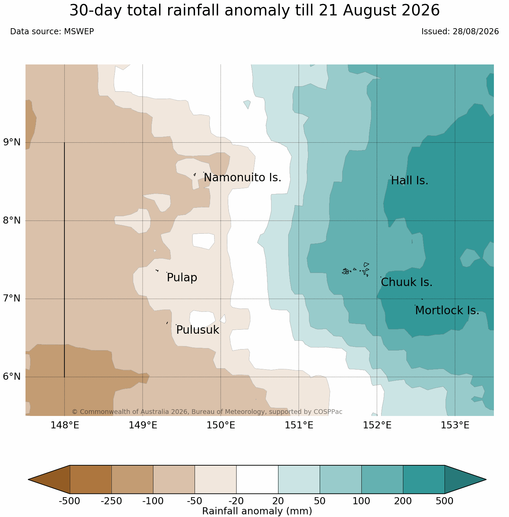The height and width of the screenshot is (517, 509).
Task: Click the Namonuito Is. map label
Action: (242, 177)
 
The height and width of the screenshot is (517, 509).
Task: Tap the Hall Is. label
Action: (410, 181)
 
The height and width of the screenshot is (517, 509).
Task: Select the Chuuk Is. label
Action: (407, 282)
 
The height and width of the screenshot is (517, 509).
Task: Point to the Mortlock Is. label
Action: (447, 311)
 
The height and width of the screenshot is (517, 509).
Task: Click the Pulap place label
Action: (182, 278)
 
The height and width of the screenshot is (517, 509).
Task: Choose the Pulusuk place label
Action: (198, 330)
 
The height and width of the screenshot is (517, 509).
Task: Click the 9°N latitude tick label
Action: (12, 142)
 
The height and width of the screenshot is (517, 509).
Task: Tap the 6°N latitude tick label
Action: (12, 377)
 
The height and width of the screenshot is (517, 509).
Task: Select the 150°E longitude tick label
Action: (221, 425)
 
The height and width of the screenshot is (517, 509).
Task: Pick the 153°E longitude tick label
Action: (455, 425)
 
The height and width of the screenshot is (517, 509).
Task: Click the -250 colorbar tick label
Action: (111, 502)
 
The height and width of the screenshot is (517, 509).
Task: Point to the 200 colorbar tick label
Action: (403, 502)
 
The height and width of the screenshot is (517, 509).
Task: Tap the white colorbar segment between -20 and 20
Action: (257, 479)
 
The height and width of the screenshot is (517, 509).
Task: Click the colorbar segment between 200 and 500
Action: (424, 479)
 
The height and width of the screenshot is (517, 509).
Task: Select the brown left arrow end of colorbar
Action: (49, 479)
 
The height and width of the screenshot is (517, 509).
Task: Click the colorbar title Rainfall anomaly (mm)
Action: (257, 511)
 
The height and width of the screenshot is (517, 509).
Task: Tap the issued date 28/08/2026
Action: (476, 32)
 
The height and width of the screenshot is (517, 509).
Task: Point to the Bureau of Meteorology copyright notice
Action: (207, 412)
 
